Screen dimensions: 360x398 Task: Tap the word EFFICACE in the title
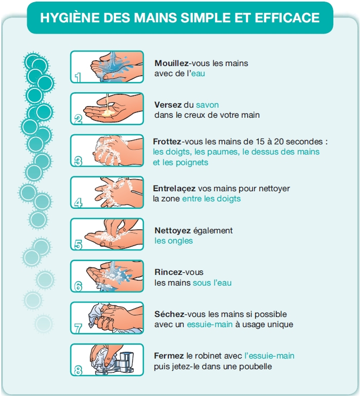(x=287, y=18)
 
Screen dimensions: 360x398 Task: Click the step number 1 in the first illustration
(x=78, y=77)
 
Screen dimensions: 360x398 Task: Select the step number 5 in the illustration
(x=78, y=245)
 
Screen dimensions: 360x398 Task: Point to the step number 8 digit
(x=78, y=370)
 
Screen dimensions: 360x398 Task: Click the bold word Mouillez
(x=171, y=63)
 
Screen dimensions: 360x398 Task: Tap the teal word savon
(x=207, y=105)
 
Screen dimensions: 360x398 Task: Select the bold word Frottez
(x=167, y=141)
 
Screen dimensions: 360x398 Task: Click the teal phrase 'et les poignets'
(x=181, y=163)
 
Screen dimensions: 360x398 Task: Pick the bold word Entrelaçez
(x=174, y=189)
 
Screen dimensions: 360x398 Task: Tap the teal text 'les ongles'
(x=174, y=241)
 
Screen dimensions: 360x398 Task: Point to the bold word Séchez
(x=169, y=314)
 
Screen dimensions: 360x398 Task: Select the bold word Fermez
(x=169, y=356)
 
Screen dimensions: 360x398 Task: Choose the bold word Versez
(x=168, y=105)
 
